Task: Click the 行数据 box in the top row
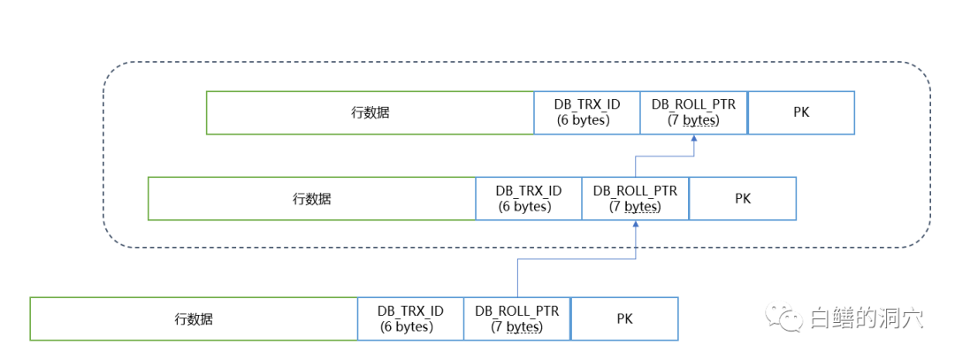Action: (370, 113)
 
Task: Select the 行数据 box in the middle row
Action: (311, 199)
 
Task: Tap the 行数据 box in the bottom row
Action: (194, 319)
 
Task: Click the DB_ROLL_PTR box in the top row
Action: (693, 113)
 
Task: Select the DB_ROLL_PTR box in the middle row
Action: (635, 199)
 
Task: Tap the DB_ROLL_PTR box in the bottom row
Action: (517, 319)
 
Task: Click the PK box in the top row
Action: (801, 113)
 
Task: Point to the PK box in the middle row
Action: (743, 199)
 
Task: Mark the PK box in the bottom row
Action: (624, 319)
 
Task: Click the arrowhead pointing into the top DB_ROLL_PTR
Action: (694, 140)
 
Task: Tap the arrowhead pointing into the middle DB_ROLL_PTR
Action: (636, 226)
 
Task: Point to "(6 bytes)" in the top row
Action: (584, 120)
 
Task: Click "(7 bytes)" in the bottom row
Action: (517, 327)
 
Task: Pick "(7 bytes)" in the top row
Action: (693, 120)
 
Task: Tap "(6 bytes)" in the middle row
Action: (525, 207)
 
